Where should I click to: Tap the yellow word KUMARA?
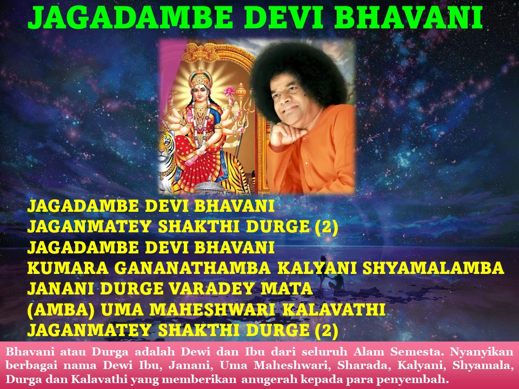point(68,267)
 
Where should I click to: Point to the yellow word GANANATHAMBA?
point(192,267)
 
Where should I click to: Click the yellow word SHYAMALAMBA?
point(433,267)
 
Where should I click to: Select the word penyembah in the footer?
point(420,379)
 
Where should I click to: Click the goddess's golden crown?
point(200,78)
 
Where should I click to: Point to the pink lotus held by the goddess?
point(229,91)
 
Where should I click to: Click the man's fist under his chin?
point(282,135)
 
